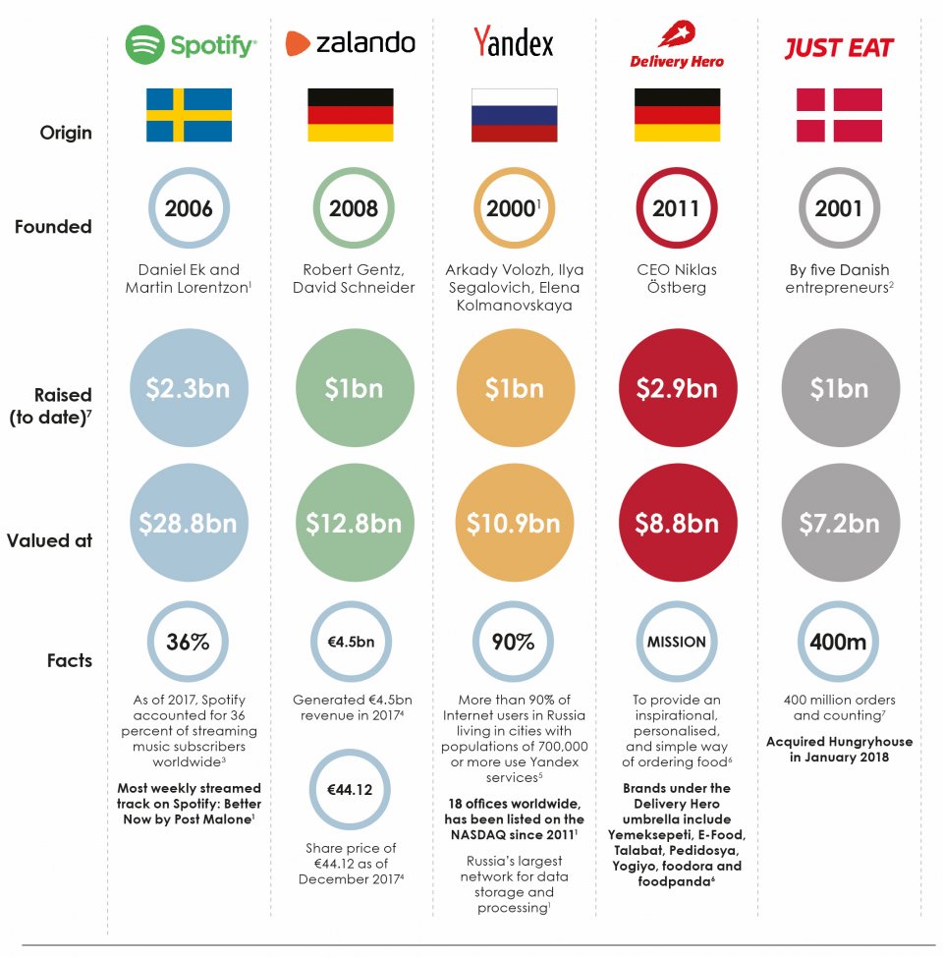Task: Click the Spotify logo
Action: [x=191, y=44]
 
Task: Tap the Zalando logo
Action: [x=351, y=43]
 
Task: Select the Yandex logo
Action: [x=514, y=43]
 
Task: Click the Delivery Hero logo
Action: [x=677, y=45]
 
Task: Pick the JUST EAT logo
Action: [x=838, y=48]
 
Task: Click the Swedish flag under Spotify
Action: [x=189, y=115]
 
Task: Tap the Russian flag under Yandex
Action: [x=514, y=115]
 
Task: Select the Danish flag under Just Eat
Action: [x=838, y=115]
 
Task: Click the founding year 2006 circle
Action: [x=189, y=208]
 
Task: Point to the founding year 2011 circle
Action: [x=676, y=208]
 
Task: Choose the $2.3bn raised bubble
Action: [x=189, y=388]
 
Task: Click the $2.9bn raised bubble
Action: [x=676, y=388]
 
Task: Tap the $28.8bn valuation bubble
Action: [x=189, y=524]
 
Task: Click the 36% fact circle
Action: [x=189, y=643]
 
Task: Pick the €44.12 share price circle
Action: [x=351, y=789]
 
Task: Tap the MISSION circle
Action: [x=676, y=643]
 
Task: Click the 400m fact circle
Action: [x=838, y=643]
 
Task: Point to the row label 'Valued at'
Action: [x=49, y=540]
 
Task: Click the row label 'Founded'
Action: [x=53, y=227]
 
